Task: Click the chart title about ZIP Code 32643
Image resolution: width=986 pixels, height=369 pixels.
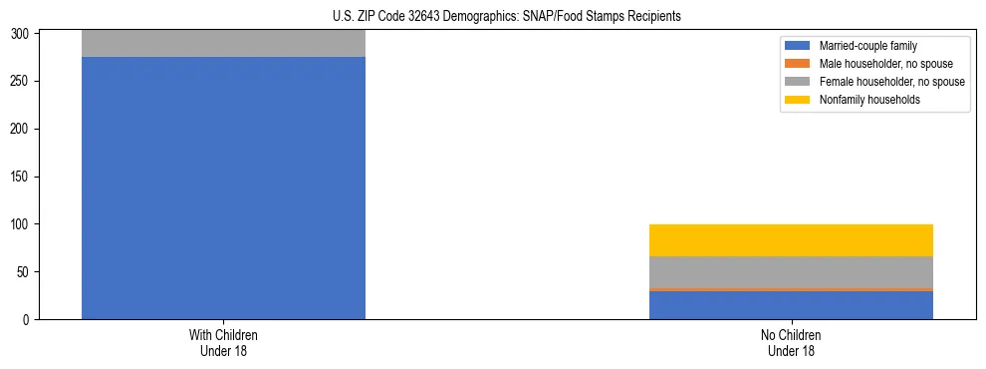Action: pos(493,17)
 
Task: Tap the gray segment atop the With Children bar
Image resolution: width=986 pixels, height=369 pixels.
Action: pos(223,43)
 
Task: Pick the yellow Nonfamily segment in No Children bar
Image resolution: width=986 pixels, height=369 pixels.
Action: pos(791,240)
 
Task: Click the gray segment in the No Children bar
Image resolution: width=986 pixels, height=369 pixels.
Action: pos(791,272)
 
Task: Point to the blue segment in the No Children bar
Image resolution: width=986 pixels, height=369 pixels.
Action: pos(791,305)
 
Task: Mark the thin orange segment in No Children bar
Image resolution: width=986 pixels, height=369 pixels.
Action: pos(791,289)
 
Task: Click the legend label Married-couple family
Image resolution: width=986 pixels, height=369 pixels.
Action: pos(869,46)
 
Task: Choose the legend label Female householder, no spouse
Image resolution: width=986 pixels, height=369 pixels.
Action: pos(891,82)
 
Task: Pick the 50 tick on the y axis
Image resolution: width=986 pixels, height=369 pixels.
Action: pos(29,272)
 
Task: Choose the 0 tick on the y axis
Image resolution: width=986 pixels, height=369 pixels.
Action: pos(32,319)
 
